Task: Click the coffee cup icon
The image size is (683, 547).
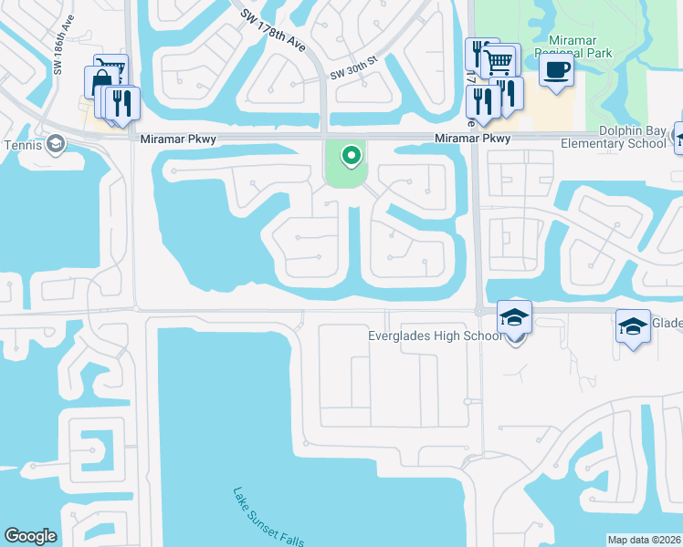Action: (556, 71)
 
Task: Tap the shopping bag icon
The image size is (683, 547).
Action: (99, 82)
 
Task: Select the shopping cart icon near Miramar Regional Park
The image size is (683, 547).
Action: (500, 61)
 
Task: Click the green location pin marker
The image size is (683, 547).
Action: (350, 157)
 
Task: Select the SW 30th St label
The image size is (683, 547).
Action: (352, 73)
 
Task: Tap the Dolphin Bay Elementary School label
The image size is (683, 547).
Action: (606, 138)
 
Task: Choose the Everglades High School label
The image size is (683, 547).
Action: (435, 335)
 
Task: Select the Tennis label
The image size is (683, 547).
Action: (23, 144)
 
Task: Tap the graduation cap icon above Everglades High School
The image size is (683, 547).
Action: (515, 317)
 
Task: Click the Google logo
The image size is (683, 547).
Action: (31, 536)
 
